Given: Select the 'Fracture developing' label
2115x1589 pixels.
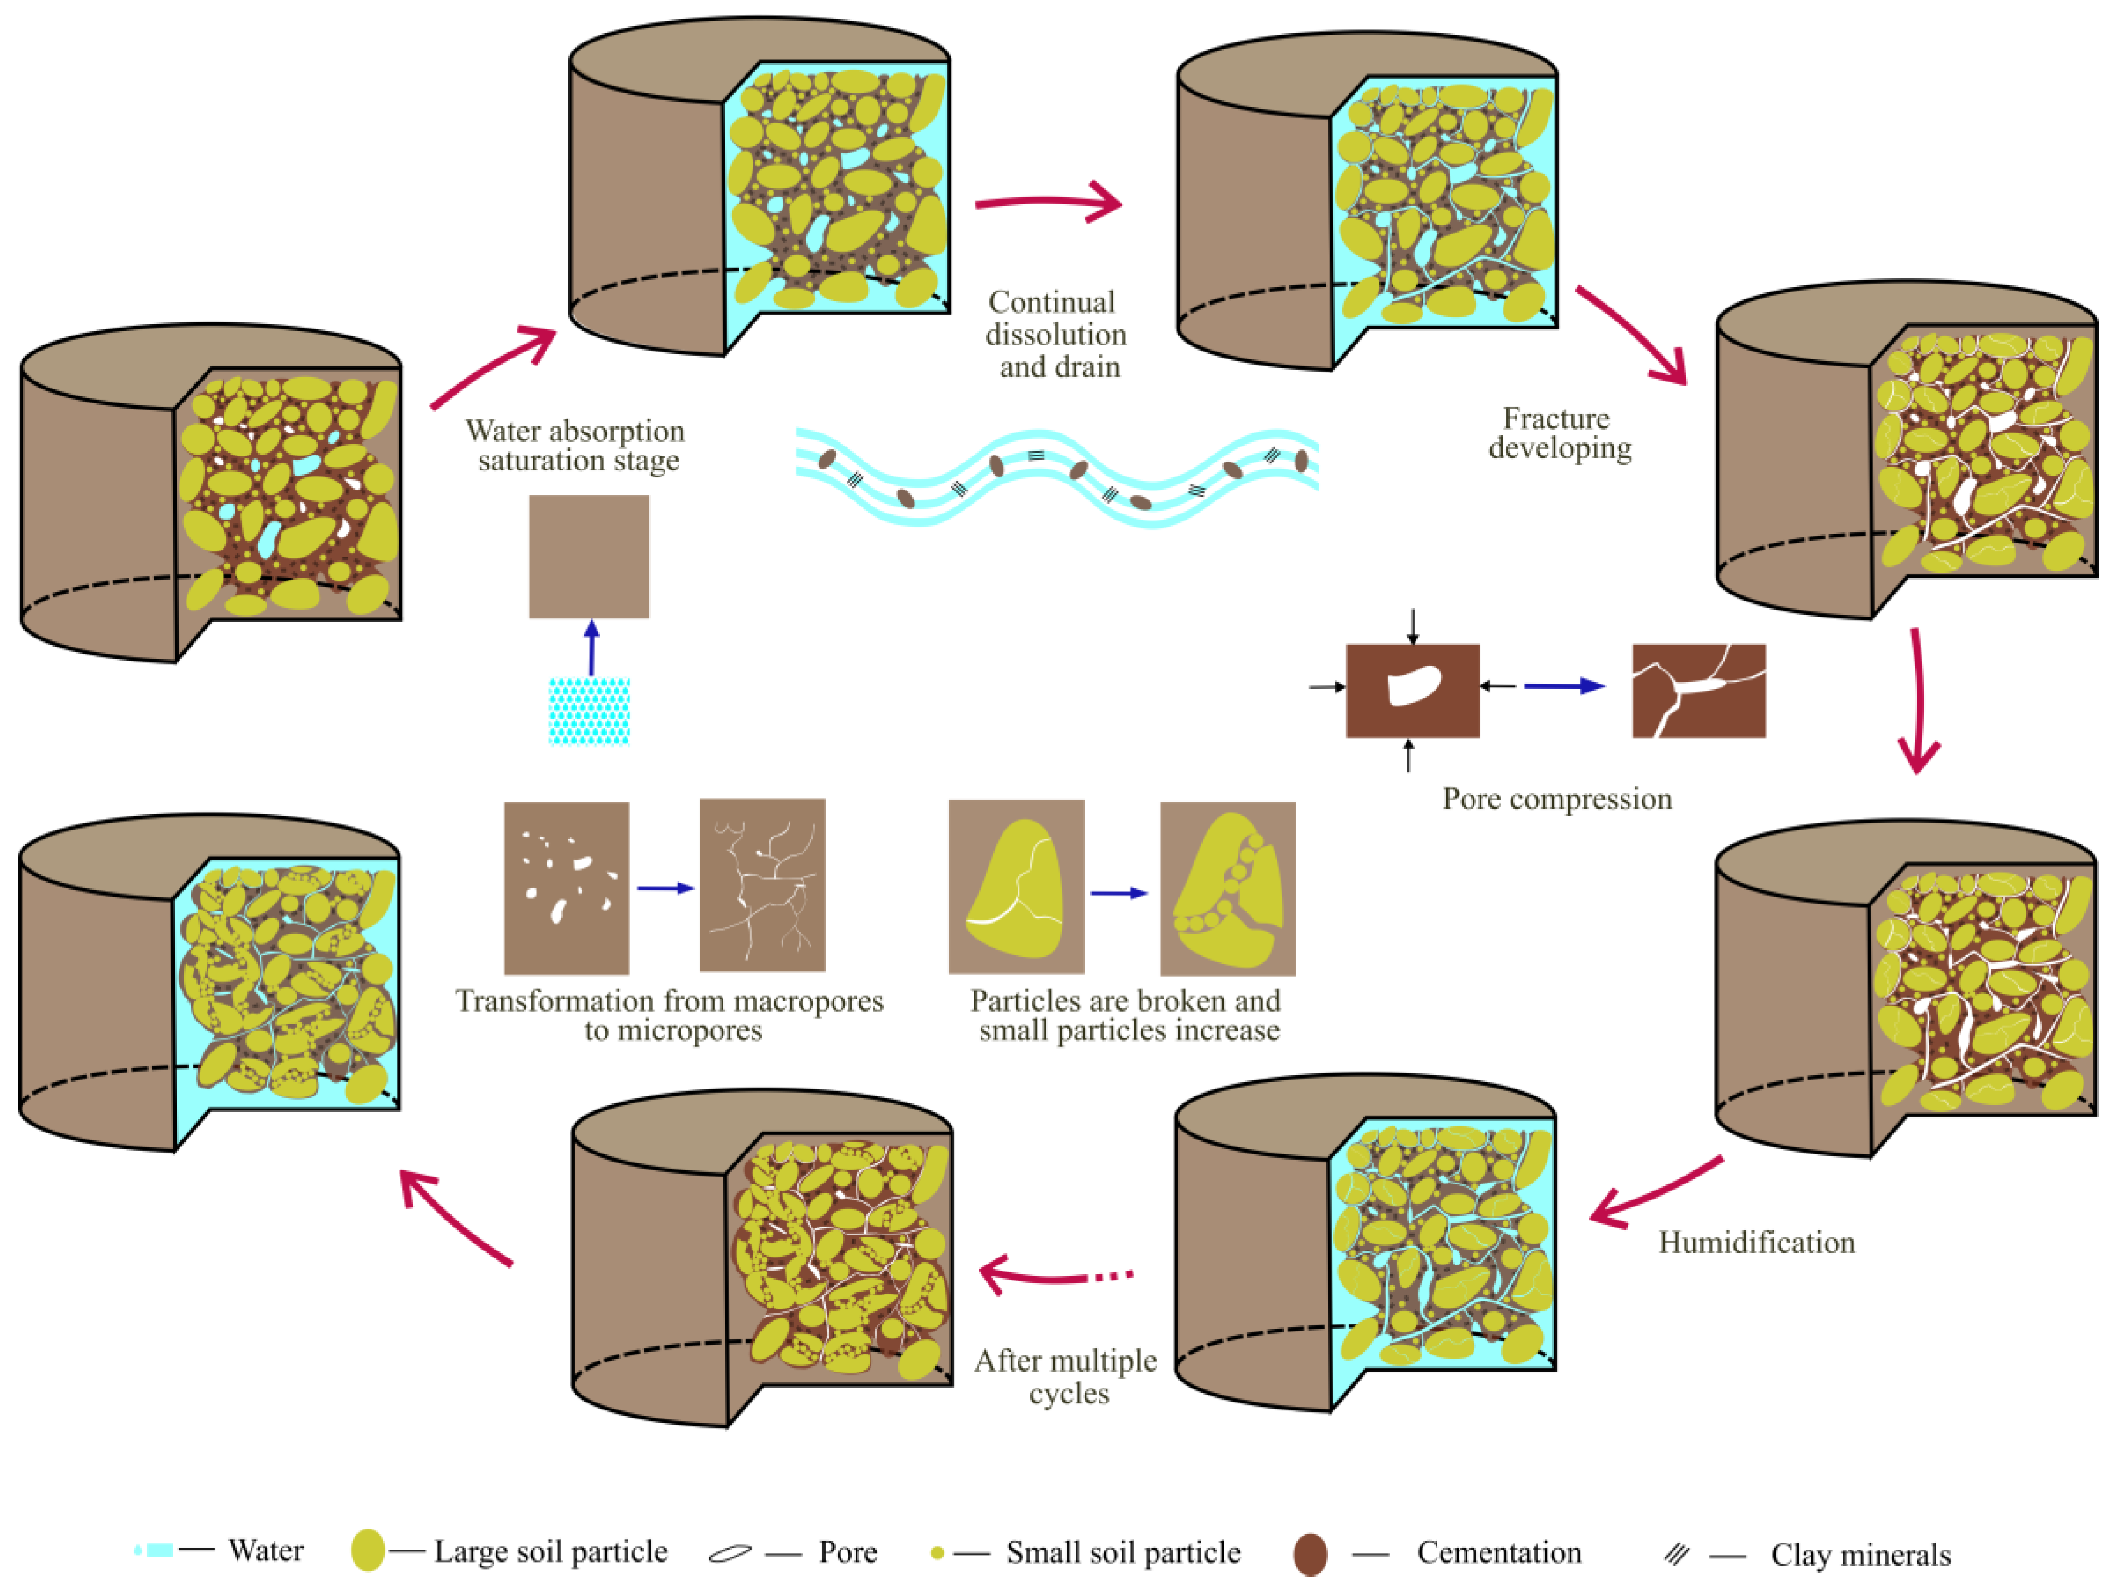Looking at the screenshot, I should coord(1558,433).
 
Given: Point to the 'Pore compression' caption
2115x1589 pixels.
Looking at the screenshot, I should coord(1557,799).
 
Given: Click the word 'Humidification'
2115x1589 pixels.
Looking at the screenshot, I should coord(1756,1242).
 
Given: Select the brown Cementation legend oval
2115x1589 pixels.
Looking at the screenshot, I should coord(1310,1554).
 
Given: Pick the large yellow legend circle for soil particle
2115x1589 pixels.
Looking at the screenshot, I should coord(367,1550).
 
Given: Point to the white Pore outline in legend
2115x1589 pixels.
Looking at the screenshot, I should coord(729,1554).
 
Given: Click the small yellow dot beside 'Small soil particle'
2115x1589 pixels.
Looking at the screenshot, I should coord(937,1553).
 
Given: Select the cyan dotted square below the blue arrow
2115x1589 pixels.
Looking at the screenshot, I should coord(589,711).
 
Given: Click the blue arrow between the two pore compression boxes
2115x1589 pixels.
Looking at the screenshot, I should coord(1563,685).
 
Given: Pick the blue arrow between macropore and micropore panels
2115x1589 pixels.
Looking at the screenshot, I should coord(665,888).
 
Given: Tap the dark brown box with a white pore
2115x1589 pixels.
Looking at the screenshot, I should coord(1412,691).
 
